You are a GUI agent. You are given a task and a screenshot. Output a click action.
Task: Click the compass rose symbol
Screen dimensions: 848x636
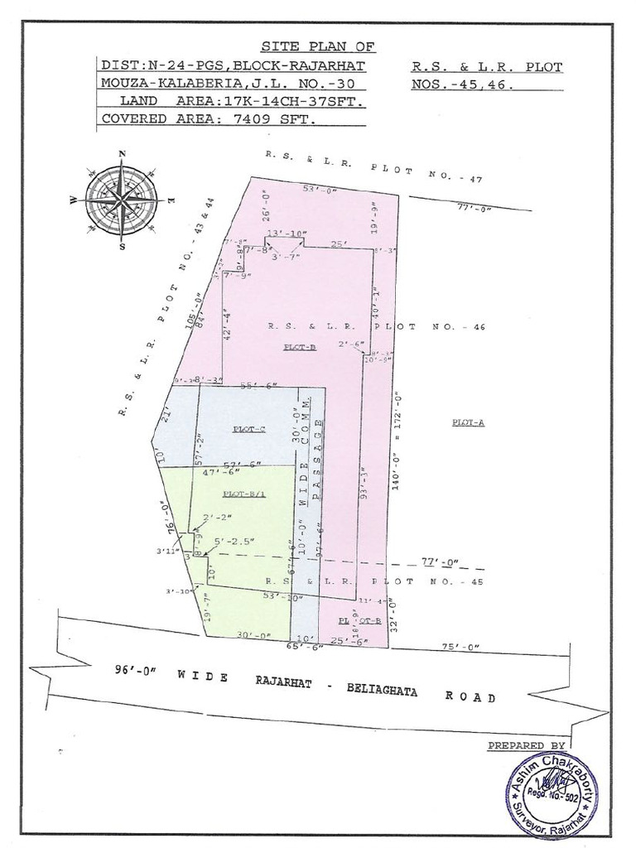click(122, 199)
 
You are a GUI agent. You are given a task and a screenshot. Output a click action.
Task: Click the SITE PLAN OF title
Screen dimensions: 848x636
click(306, 46)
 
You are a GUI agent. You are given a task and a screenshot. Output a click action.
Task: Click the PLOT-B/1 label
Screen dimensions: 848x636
click(243, 494)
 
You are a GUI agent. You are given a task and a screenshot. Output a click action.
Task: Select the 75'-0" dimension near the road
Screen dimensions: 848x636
click(461, 648)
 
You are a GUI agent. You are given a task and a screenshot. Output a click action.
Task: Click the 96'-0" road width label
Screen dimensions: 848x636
click(139, 672)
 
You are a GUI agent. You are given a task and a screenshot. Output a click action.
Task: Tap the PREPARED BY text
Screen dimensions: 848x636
click(527, 745)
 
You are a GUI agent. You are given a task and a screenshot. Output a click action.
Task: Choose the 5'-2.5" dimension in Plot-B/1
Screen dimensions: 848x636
click(234, 542)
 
